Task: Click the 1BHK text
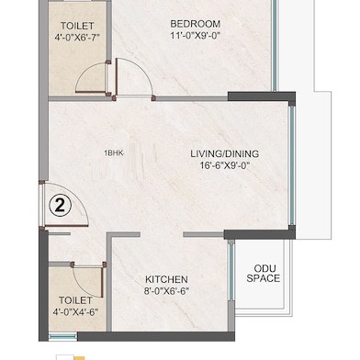[115, 154]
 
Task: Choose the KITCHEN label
[166, 279]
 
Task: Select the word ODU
[263, 265]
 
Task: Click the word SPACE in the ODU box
[263, 278]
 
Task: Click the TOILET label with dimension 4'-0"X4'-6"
[75, 300]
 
